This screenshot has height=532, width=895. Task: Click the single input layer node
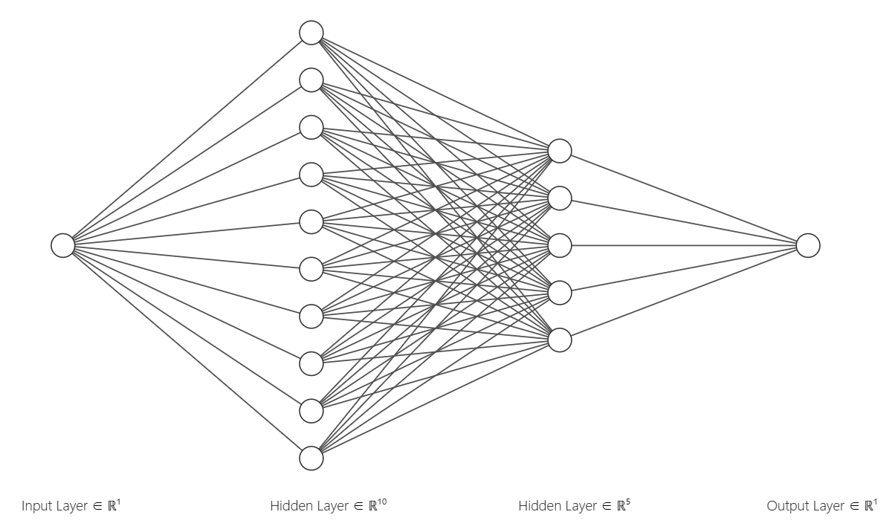click(x=63, y=245)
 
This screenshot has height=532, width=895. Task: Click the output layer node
click(x=808, y=245)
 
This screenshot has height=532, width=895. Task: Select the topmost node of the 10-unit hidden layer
click(x=311, y=33)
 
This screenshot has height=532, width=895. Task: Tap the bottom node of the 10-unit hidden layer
click(x=311, y=458)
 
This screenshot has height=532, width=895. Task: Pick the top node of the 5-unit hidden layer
click(x=560, y=151)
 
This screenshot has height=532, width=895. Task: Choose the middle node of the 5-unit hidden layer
click(x=560, y=245)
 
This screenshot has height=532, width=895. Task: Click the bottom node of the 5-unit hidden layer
click(x=560, y=340)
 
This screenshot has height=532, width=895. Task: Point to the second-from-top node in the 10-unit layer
click(x=311, y=80)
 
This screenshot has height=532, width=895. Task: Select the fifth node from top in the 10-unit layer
click(x=311, y=221)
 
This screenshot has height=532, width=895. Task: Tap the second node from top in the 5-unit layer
click(x=560, y=198)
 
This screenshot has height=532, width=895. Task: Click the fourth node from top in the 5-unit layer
click(x=560, y=293)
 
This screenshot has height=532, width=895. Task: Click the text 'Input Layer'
click(x=54, y=507)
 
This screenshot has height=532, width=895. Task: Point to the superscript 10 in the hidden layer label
click(x=381, y=502)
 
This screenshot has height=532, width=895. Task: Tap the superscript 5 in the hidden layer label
click(x=628, y=502)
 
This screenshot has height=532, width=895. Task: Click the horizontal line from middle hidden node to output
click(x=684, y=245)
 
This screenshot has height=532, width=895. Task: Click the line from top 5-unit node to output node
click(x=684, y=198)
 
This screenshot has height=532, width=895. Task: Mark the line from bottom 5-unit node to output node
click(x=684, y=293)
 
